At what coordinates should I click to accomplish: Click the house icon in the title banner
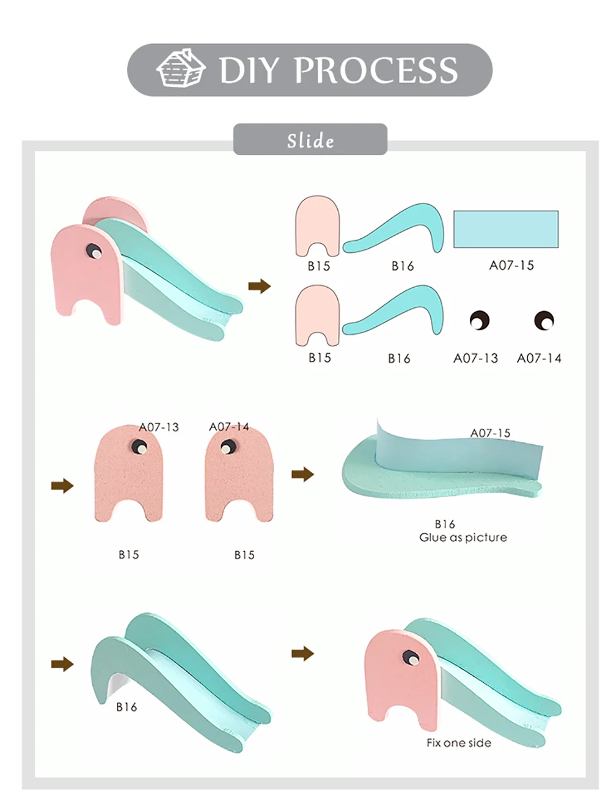[180, 68]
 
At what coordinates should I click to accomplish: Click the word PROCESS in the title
[376, 70]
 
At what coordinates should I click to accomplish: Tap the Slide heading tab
[310, 140]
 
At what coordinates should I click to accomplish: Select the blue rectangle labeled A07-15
[506, 229]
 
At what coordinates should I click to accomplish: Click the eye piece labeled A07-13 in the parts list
[479, 320]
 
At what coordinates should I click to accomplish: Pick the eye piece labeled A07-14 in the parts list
[544, 320]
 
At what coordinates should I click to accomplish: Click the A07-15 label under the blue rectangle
[511, 265]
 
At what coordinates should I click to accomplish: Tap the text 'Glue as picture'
[463, 538]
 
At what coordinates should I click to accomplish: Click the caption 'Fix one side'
[459, 743]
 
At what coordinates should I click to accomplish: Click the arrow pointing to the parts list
[260, 286]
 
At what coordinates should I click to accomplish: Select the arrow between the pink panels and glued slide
[302, 474]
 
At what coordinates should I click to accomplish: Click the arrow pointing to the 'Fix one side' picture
[302, 654]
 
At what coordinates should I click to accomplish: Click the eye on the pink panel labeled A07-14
[227, 448]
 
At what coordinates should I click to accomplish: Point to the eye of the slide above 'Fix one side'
[410, 657]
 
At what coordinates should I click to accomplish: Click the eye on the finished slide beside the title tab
[93, 251]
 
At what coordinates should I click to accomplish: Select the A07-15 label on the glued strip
[490, 432]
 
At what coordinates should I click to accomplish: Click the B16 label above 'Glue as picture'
[445, 524]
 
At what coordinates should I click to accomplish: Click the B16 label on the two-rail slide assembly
[126, 707]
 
